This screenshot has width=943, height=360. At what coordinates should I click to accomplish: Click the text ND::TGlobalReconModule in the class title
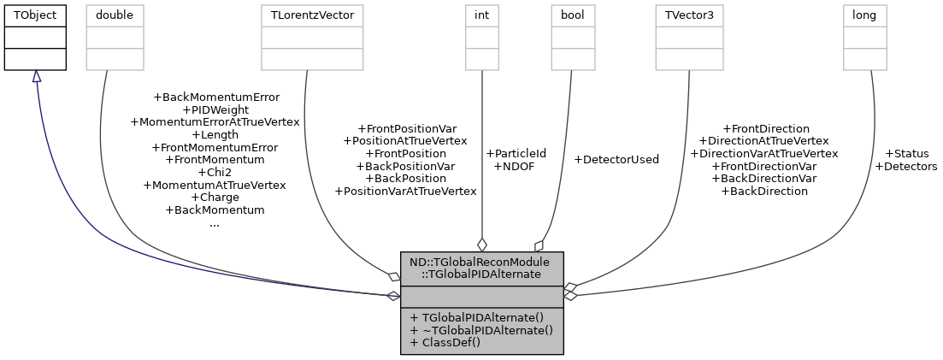pyautogui.click(x=480, y=262)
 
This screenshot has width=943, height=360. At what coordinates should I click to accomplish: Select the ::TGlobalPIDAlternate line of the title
pyautogui.click(x=482, y=274)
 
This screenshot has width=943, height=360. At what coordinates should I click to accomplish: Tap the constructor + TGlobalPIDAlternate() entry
pyautogui.click(x=476, y=316)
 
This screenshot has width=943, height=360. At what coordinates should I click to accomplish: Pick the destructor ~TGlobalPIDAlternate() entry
pyautogui.click(x=481, y=329)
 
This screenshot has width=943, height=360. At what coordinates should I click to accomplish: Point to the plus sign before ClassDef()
pyautogui.click(x=414, y=342)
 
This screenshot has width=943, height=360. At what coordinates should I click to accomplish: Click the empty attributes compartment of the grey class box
pyautogui.click(x=481, y=296)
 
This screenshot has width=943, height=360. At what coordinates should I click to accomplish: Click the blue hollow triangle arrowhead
pyautogui.click(x=37, y=77)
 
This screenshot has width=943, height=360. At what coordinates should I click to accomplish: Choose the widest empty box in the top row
pyautogui.click(x=312, y=38)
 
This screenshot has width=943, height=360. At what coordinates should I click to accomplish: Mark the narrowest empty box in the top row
pyautogui.click(x=481, y=38)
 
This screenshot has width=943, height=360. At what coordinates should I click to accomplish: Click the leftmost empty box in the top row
pyautogui.click(x=115, y=38)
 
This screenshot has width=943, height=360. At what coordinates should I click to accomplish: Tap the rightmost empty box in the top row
pyautogui.click(x=864, y=38)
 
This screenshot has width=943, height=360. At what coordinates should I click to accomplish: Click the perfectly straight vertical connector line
pyautogui.click(x=482, y=154)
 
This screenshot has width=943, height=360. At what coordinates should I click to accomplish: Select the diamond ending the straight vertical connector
pyautogui.click(x=482, y=245)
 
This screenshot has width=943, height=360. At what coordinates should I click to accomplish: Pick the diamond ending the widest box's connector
pyautogui.click(x=393, y=276)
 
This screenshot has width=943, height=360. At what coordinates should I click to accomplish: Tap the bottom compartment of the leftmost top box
pyautogui.click(x=115, y=59)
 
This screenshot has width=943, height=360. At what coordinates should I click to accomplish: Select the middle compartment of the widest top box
pyautogui.click(x=312, y=38)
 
